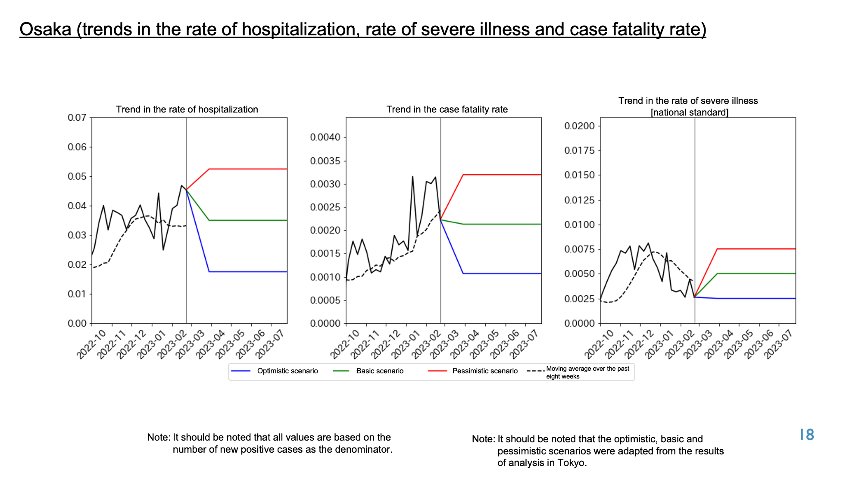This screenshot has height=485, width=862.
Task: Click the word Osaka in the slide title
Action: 45,29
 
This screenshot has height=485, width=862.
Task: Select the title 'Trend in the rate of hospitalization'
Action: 187,110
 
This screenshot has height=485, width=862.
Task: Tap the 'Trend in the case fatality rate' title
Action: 447,110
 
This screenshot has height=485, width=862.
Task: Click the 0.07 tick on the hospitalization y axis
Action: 77,118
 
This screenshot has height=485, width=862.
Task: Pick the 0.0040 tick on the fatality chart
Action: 325,138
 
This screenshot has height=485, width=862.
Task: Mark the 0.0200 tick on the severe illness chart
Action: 580,126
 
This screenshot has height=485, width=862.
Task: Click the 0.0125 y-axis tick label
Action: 580,200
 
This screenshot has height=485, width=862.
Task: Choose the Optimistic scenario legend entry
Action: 275,371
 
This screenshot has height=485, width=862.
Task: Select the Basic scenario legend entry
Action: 369,371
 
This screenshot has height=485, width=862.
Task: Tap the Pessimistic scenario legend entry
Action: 473,371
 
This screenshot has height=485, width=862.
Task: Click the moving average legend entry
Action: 578,372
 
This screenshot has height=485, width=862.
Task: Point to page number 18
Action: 807,435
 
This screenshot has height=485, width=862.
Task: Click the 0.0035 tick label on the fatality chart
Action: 325,161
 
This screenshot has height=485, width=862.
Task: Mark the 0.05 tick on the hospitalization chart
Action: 77,176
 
